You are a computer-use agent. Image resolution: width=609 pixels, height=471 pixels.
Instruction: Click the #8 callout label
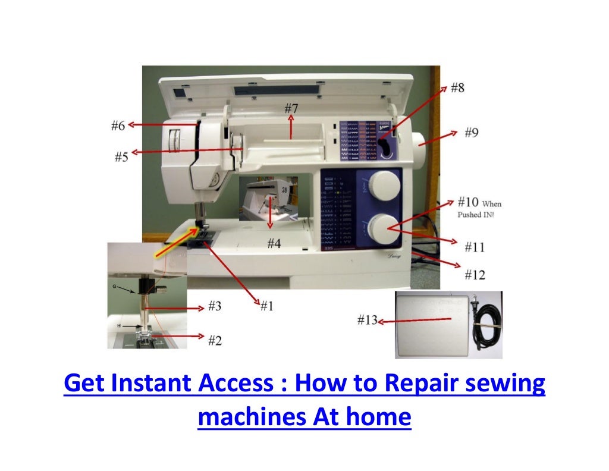pyautogui.click(x=457, y=88)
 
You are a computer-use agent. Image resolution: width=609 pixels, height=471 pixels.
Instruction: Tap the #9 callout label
pyautogui.click(x=470, y=133)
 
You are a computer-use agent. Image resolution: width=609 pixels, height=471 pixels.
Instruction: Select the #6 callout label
pyautogui.click(x=118, y=125)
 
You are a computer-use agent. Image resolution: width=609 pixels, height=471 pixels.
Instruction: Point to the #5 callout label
pyautogui.click(x=121, y=158)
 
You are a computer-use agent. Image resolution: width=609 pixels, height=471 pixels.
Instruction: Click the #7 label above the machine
pyautogui.click(x=291, y=109)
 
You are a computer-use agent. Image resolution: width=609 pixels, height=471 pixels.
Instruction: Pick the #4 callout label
pyautogui.click(x=274, y=243)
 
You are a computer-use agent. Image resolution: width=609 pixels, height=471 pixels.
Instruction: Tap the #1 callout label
pyautogui.click(x=266, y=306)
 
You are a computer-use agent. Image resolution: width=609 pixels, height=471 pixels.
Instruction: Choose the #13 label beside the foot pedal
pyautogui.click(x=368, y=321)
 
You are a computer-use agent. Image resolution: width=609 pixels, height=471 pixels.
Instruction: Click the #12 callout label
pyautogui.click(x=474, y=275)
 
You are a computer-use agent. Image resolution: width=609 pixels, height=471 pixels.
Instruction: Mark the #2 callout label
pyautogui.click(x=215, y=340)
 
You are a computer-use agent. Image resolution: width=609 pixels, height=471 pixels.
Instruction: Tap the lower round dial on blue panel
pyautogui.click(x=382, y=227)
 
